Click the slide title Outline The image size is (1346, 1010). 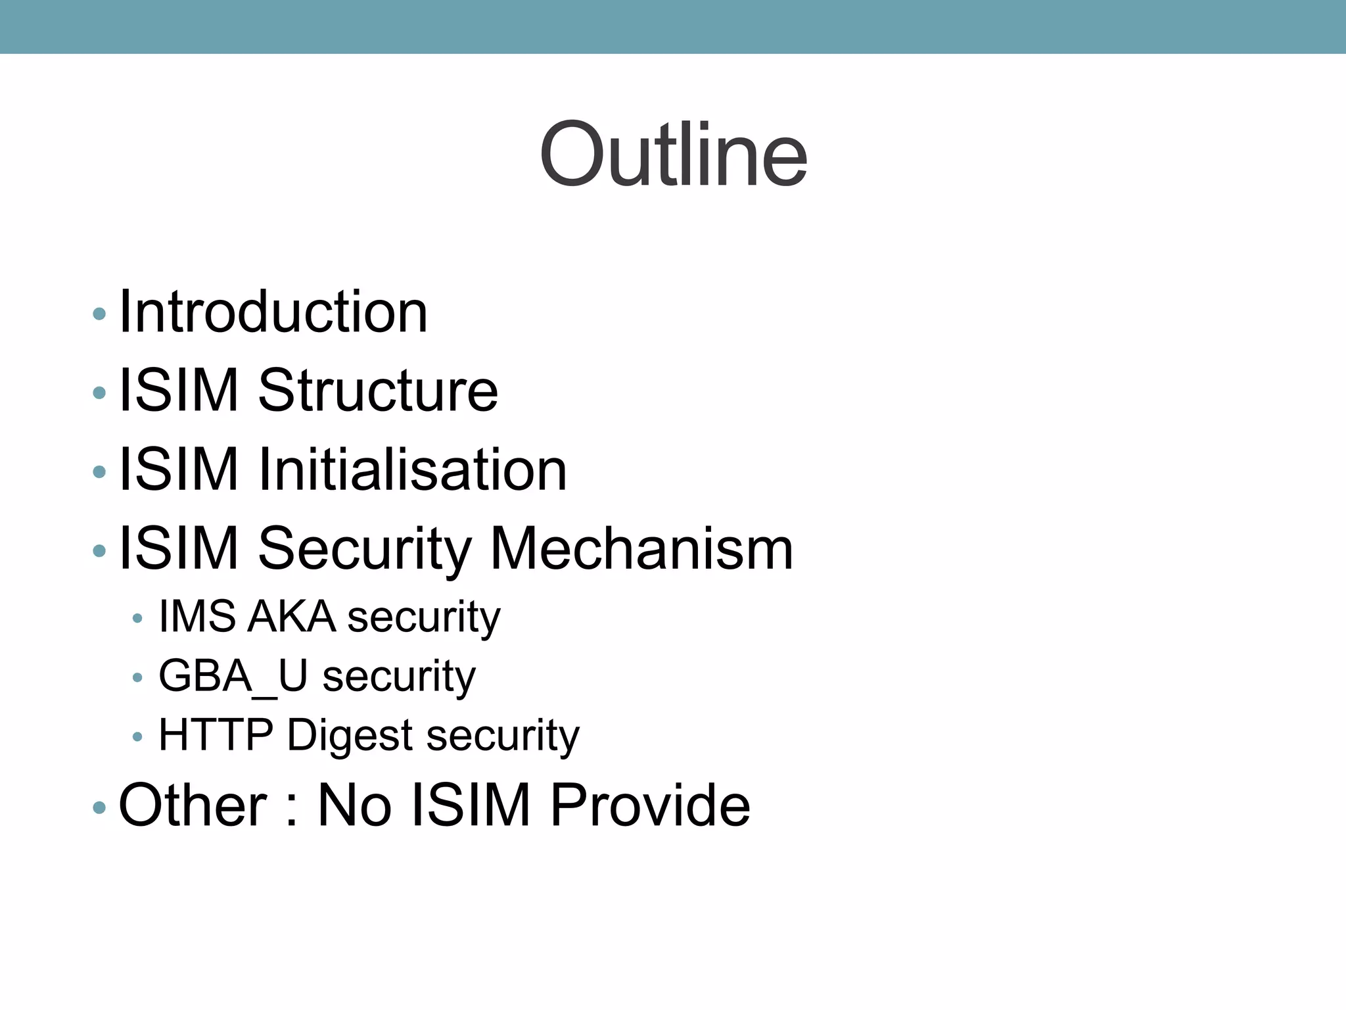[x=673, y=155]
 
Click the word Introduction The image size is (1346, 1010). [x=273, y=312]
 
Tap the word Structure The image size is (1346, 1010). [x=378, y=391]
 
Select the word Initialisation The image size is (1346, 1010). [x=413, y=469]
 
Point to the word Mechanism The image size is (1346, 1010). [x=641, y=548]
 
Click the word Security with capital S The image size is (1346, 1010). [x=365, y=548]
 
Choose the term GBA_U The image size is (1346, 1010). [x=233, y=676]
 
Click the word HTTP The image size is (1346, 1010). [x=216, y=734]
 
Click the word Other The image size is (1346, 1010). [x=193, y=805]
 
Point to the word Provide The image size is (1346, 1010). [x=650, y=805]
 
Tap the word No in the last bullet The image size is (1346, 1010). [x=354, y=805]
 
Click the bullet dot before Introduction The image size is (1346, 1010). [x=99, y=314]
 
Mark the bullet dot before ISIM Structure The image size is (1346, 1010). [x=99, y=393]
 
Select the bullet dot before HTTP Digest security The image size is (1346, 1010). [x=137, y=737]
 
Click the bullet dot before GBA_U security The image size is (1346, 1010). [x=137, y=678]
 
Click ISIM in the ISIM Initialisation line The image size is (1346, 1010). [x=178, y=469]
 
